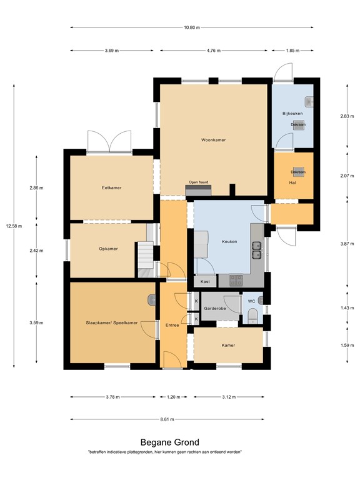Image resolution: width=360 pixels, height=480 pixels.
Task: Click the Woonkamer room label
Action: coord(213,140)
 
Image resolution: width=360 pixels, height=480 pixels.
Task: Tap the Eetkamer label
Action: coord(111,187)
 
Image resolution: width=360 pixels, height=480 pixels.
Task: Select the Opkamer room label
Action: coord(108,248)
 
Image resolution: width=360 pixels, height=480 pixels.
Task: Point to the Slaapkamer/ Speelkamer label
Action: coord(111,322)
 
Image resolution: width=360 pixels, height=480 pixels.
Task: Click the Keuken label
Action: coord(229,241)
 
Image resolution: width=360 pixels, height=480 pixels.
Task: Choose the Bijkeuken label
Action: coord(292,113)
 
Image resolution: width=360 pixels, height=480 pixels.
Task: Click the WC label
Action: coord(252,301)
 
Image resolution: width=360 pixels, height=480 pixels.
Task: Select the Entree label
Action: coord(172,325)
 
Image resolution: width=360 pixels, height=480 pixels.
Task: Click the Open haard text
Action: coord(198,182)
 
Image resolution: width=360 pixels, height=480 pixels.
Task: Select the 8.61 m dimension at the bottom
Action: coord(166,419)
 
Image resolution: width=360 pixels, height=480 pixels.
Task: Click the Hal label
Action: coord(292,182)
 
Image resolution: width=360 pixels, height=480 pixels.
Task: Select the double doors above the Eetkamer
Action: coord(109,142)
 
